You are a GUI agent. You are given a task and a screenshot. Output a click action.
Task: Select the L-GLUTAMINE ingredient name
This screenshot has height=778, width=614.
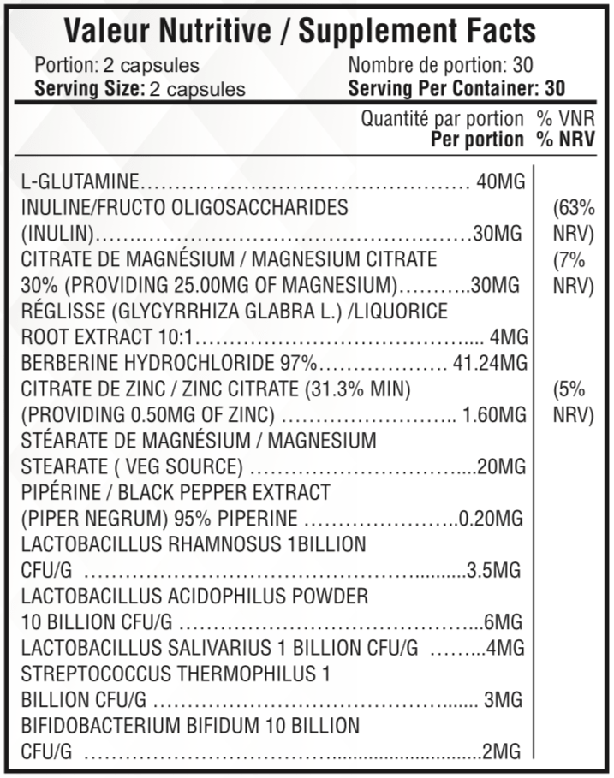[80, 182]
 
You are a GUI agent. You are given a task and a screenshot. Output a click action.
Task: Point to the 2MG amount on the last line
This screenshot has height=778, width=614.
[501, 752]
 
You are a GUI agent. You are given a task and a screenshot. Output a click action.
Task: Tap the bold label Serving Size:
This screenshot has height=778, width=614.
[89, 88]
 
